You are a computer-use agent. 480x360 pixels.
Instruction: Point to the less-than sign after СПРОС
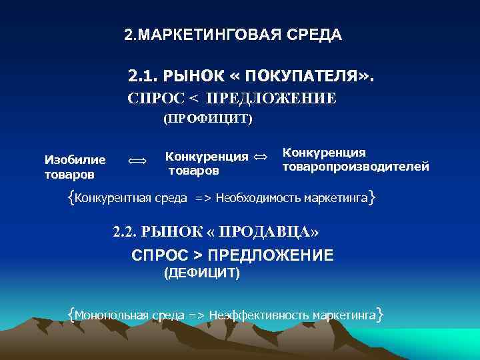click(193, 99)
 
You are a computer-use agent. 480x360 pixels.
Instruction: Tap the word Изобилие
click(75, 159)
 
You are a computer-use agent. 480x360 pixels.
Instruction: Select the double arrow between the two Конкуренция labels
click(261, 157)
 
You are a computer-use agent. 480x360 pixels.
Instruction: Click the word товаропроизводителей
click(356, 167)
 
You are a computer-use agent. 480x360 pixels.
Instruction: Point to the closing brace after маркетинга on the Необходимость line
click(371, 197)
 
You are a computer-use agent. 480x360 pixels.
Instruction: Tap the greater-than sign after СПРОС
click(198, 255)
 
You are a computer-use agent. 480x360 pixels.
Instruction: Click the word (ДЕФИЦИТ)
click(202, 273)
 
